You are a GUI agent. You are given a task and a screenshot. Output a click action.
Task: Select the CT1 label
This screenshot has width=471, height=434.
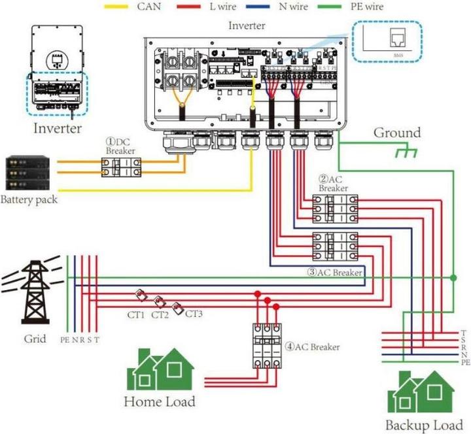pos(136,314)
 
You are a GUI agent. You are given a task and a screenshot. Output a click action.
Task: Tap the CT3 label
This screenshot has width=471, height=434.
pos(194,314)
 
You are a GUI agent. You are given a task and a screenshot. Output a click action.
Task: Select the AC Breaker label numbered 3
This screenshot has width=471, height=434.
pos(336,272)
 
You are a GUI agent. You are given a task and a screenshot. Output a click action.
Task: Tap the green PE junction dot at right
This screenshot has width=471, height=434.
pos(453,278)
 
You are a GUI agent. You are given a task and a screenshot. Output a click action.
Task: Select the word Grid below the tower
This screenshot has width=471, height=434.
pos(35,339)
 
